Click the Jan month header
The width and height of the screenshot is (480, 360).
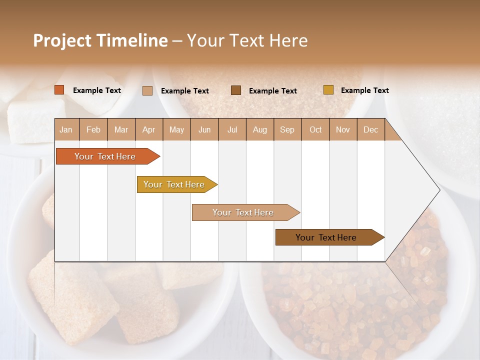(66, 129)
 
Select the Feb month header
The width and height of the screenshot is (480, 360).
(93, 129)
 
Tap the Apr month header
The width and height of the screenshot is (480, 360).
(149, 129)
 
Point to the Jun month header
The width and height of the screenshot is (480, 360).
(204, 129)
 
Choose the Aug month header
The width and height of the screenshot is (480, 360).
(260, 129)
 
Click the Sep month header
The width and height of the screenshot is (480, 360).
(287, 129)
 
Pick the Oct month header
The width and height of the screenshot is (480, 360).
(315, 129)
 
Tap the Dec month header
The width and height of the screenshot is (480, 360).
(371, 129)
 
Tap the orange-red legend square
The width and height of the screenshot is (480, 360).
(59, 90)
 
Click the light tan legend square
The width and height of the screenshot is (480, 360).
(147, 90)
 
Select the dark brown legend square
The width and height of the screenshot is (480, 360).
(236, 90)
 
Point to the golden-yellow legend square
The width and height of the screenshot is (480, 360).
(328, 90)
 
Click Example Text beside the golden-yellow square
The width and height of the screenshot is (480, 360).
(364, 90)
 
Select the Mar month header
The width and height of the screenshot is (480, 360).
(121, 129)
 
